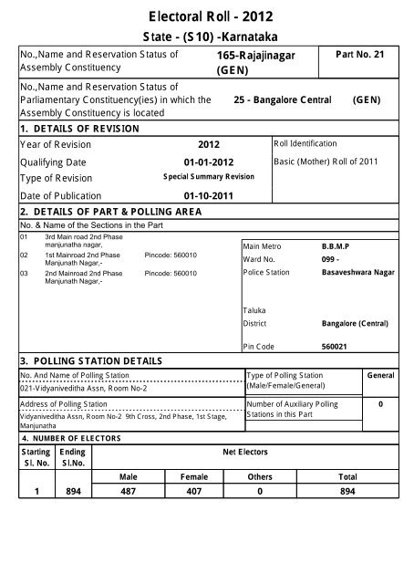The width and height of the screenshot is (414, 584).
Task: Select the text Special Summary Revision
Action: (209, 178)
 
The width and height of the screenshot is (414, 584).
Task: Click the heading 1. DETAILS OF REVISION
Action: (80, 129)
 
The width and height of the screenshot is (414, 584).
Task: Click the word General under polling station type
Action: (380, 375)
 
